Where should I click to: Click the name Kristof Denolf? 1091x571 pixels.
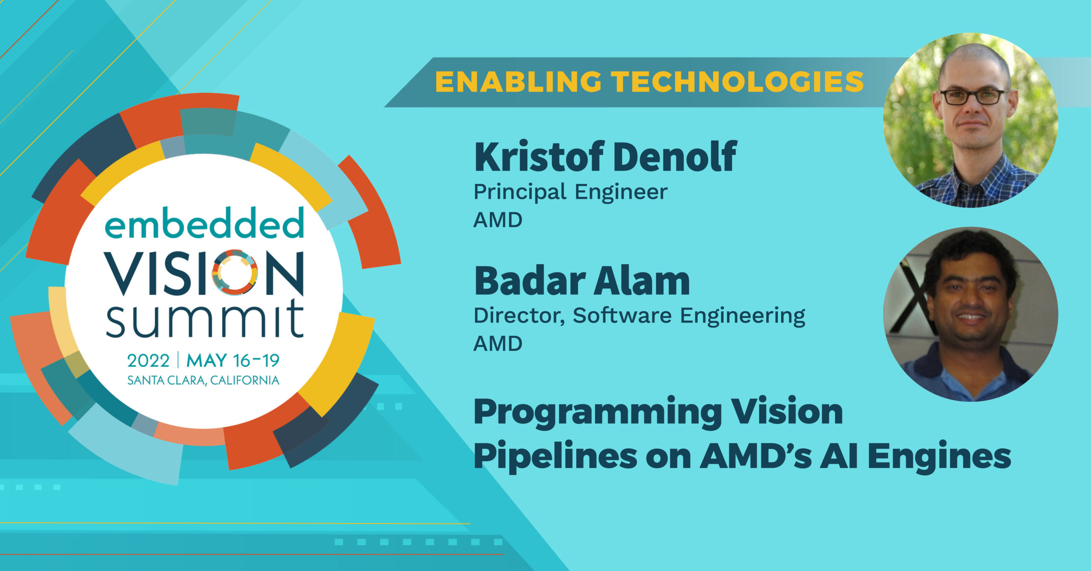(x=606, y=156)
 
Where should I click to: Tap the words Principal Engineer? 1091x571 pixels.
(x=571, y=192)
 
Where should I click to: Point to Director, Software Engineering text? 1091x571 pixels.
(x=639, y=316)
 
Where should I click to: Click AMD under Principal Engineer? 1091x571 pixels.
(x=498, y=220)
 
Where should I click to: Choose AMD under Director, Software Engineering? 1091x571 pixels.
(x=498, y=344)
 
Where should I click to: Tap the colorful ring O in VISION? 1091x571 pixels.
(x=234, y=272)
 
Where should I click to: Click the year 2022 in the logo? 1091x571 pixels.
(x=148, y=361)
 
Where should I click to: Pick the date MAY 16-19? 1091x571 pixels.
(x=233, y=361)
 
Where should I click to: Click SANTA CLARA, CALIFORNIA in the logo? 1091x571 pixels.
(x=203, y=380)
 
